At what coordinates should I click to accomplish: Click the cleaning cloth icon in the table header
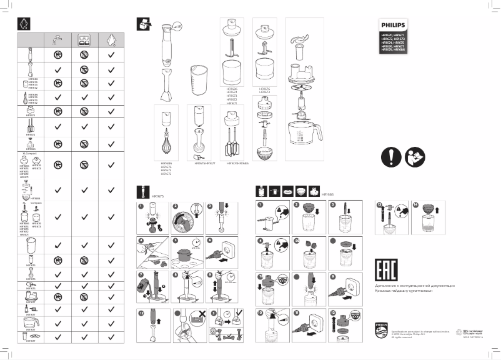[111, 39]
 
